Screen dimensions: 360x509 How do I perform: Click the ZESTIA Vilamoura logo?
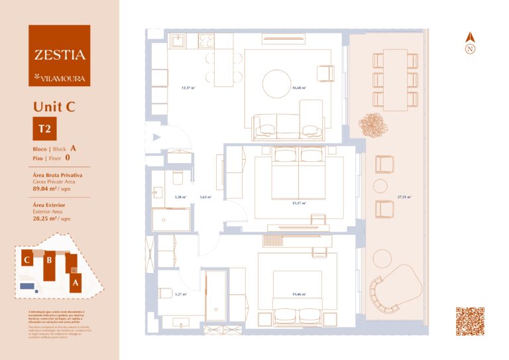[59, 55]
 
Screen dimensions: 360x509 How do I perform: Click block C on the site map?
[27, 260]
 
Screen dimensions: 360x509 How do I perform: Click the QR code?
[470, 322]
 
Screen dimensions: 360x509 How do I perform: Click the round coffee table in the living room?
[276, 84]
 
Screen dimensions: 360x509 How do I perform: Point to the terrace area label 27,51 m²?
[404, 197]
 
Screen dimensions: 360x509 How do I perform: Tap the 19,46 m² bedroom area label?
[298, 294]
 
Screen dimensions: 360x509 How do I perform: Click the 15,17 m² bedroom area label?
[298, 204]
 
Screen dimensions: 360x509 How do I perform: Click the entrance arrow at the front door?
[156, 137]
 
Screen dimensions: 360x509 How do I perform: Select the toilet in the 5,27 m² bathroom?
[165, 294]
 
